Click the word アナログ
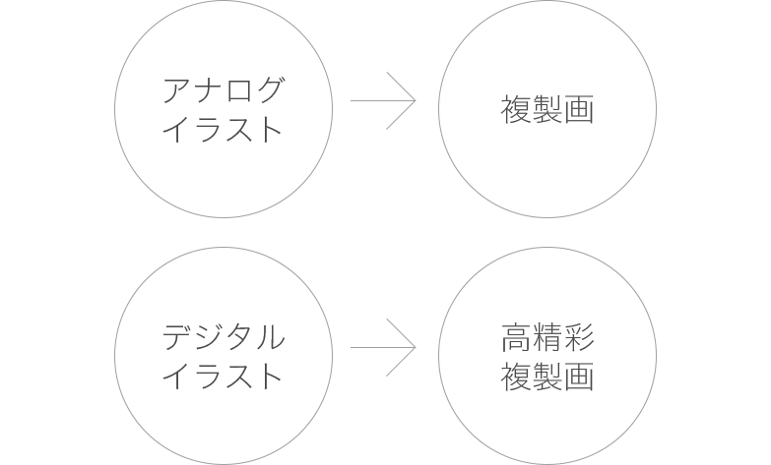point(224,89)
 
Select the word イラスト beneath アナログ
point(223,129)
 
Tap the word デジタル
point(224,337)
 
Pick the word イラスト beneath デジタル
point(223,377)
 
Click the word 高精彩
point(547,337)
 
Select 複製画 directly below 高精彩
point(547,377)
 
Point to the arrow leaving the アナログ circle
point(383,100)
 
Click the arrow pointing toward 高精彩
point(383,348)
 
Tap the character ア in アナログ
point(177,90)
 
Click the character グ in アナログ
point(270,89)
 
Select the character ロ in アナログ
point(239,91)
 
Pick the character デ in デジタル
point(177,337)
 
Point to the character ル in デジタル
point(271,337)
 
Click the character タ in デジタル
point(239,337)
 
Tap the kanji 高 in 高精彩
point(516,337)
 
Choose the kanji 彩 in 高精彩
point(579,337)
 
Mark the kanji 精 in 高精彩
point(547,337)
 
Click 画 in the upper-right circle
point(579,109)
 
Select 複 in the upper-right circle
point(516,109)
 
